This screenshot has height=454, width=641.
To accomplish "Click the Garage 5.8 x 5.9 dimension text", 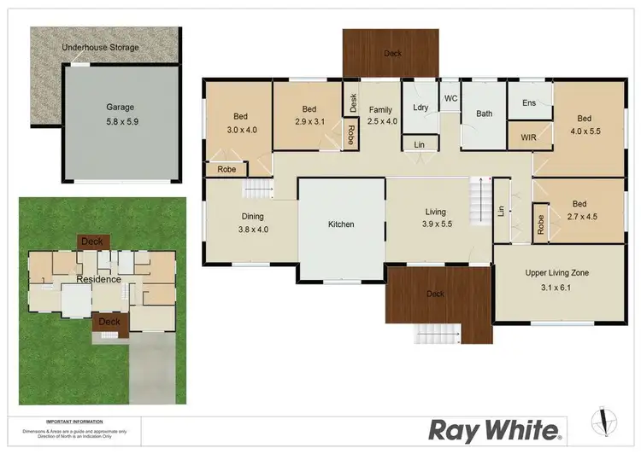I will pos(121,121).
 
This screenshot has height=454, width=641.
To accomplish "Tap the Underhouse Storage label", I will pos(100,48).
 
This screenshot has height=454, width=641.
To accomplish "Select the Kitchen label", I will pos(341,224).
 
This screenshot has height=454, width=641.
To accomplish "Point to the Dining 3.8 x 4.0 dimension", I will pos(253,229).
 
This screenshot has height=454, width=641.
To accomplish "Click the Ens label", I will pos(529,103).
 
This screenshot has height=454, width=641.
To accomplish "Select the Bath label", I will pos(485,113).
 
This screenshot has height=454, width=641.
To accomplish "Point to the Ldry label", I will pos(420,107).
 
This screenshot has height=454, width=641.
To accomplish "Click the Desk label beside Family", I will pos(353,102).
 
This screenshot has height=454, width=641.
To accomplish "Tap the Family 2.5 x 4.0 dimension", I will pos(380,121).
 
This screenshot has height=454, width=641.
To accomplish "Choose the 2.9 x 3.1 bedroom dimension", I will pos(309,121).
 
